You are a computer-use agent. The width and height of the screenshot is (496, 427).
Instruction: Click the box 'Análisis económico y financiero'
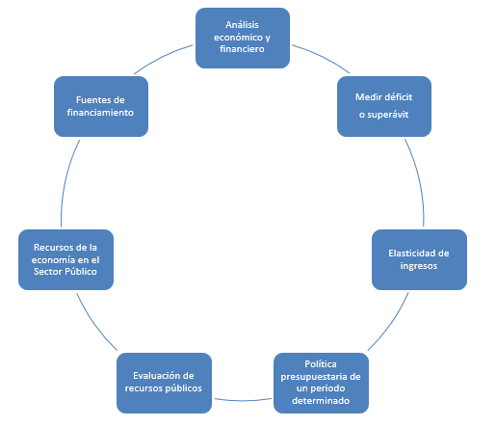(243, 38)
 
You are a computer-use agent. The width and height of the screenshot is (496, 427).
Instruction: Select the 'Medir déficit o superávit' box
(384, 106)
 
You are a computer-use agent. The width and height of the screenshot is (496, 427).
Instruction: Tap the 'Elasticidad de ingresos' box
(419, 259)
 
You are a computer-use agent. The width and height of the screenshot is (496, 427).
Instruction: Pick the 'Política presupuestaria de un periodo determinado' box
(321, 383)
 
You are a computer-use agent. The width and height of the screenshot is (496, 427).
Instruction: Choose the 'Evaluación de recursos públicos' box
(164, 383)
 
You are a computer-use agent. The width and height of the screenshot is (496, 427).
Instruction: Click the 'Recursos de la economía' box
(65, 259)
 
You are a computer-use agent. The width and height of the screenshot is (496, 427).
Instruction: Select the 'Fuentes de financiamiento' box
(101, 106)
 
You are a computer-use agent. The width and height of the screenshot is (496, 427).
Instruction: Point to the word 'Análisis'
(242, 24)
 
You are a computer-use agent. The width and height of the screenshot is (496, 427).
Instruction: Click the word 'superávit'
(388, 115)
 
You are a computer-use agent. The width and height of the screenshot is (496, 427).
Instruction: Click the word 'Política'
(321, 363)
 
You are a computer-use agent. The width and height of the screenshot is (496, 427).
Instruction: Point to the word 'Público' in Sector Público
(81, 272)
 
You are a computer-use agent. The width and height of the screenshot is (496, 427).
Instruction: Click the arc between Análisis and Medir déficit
(322, 57)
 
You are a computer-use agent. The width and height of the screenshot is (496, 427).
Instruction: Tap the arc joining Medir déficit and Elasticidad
(418, 181)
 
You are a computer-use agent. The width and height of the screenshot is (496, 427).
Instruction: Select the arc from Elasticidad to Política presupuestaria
(391, 324)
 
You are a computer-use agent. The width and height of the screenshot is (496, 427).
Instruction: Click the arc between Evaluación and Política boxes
(243, 400)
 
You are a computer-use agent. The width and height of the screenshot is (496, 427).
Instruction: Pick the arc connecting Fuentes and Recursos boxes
(65, 182)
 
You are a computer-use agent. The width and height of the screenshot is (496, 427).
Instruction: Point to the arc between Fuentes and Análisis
(162, 58)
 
